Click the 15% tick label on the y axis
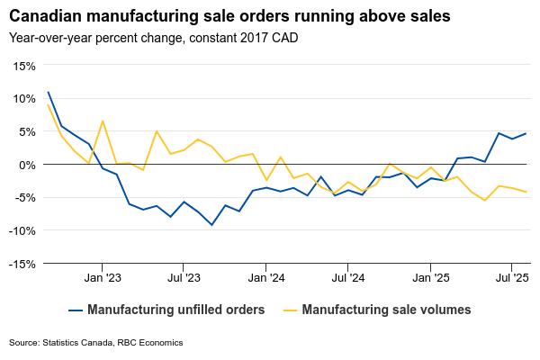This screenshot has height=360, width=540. click(23, 66)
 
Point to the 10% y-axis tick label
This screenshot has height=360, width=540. click(23, 98)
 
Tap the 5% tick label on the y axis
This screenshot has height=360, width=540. click(26, 131)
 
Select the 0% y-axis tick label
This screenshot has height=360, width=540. click(26, 165)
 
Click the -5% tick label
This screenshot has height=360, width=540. click(24, 198)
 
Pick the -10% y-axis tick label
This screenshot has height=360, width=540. click(22, 230)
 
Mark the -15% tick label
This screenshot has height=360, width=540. click(22, 264)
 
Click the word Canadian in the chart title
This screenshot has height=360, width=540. click(44, 17)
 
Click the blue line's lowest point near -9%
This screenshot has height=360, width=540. click(211, 224)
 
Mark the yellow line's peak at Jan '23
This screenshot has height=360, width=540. click(103, 121)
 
